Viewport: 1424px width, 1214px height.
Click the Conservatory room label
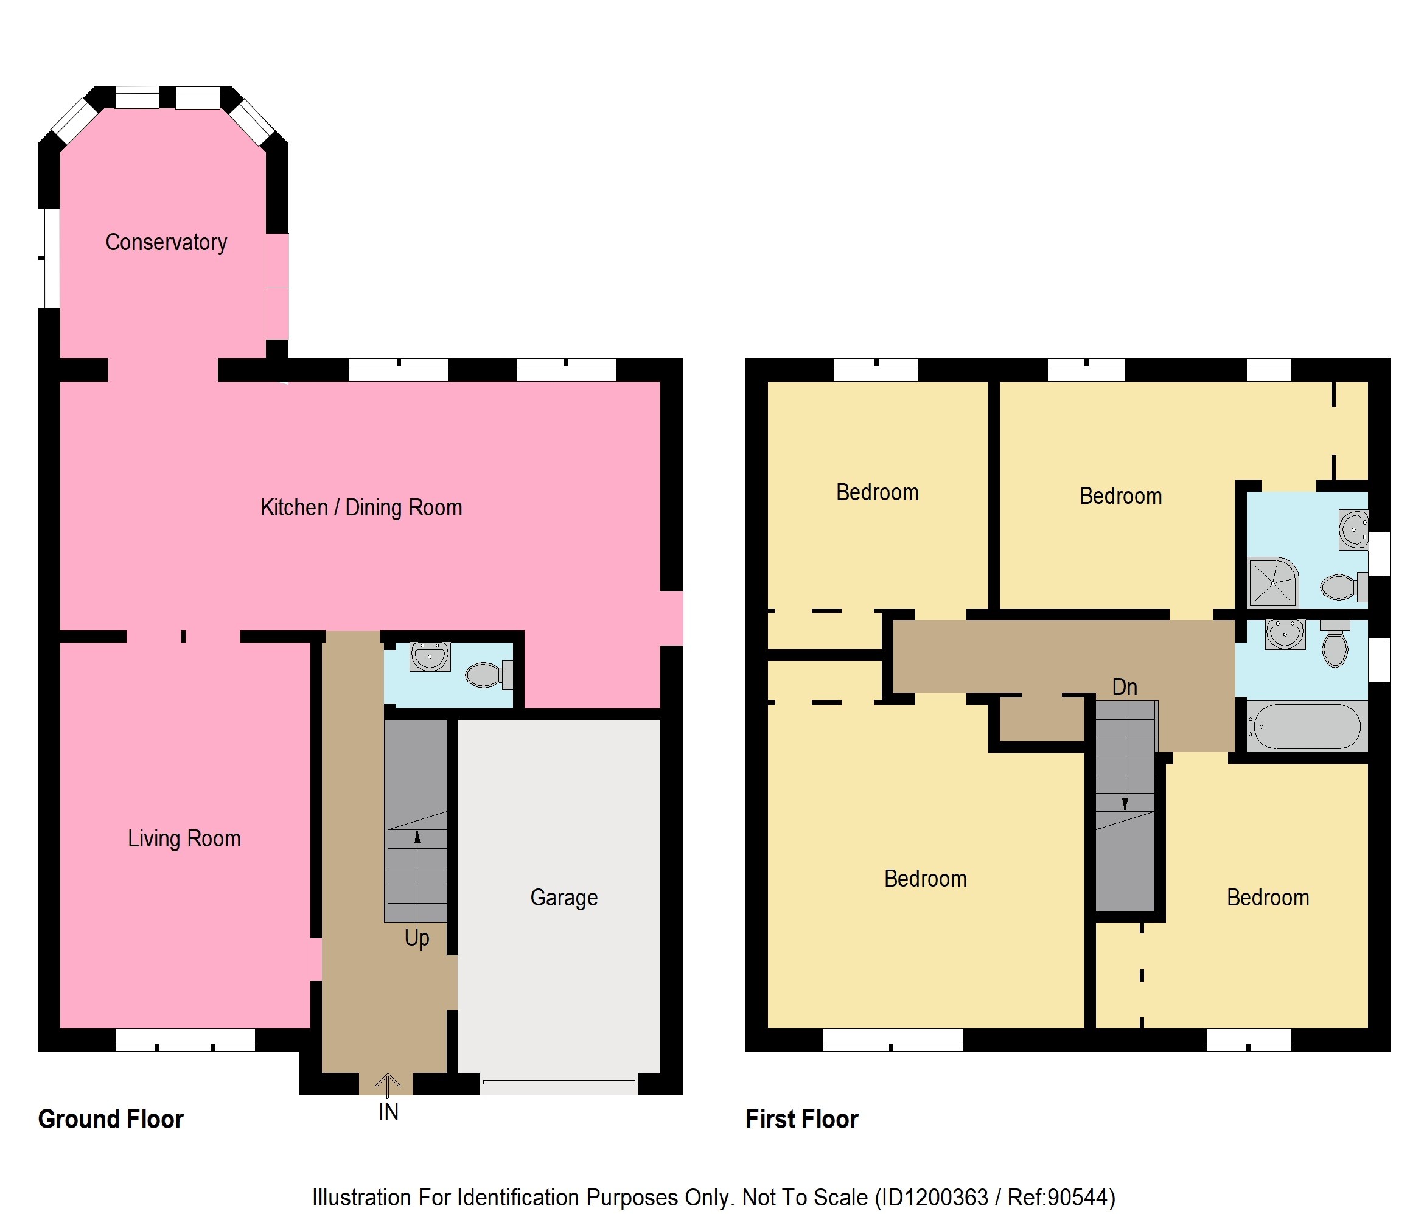(x=166, y=243)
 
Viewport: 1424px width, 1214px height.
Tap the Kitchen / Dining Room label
(x=361, y=508)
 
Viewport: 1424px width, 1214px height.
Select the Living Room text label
(x=184, y=839)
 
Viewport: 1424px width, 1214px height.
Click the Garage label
(x=564, y=898)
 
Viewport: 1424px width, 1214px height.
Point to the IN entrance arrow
(x=388, y=1085)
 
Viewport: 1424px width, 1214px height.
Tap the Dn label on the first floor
(x=1125, y=687)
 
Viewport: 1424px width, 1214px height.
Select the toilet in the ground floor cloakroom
(x=489, y=675)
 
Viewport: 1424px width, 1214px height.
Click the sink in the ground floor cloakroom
(x=430, y=657)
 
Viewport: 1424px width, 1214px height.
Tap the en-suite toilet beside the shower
(x=1344, y=587)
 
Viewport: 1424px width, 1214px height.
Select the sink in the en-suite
(x=1353, y=529)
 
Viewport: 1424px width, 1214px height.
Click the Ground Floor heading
(x=111, y=1119)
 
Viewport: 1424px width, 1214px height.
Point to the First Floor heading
(x=802, y=1119)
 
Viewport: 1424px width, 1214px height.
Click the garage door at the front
(x=559, y=1082)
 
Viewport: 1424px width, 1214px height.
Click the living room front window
(x=185, y=1040)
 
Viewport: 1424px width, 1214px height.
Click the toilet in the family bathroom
(x=1335, y=644)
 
